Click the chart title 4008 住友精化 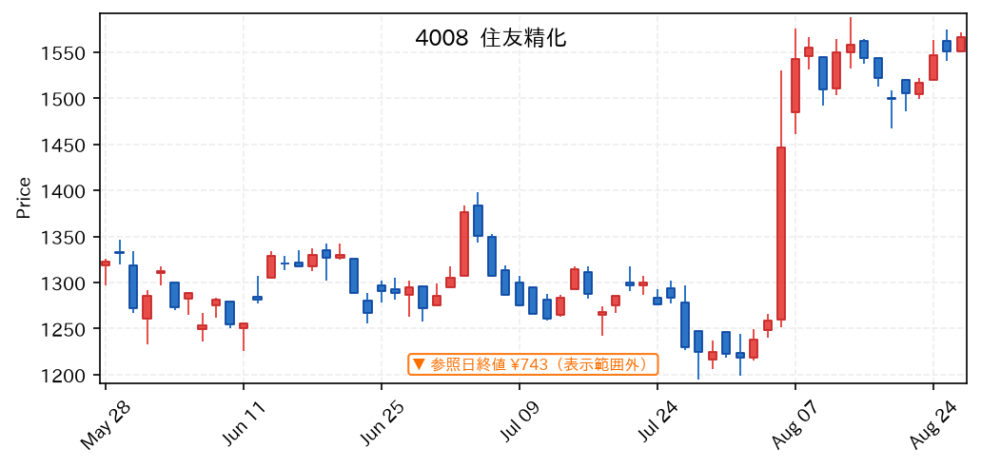491,38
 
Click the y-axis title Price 24,199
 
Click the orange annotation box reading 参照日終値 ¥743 533,364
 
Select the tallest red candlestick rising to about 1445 781,233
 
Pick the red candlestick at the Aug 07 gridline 795,86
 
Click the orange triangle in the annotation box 420,364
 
